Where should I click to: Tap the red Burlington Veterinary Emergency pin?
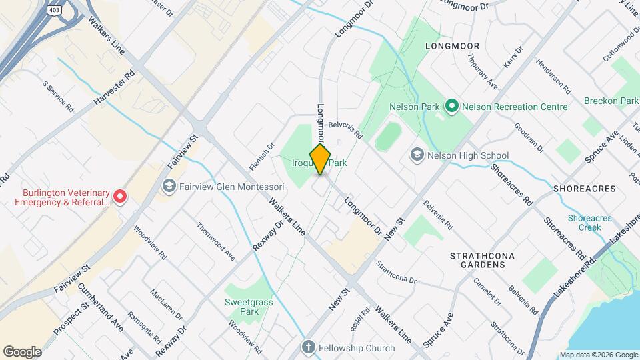119,196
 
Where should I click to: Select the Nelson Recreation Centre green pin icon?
451,106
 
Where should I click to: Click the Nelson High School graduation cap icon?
417,155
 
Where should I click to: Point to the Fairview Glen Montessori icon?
169,186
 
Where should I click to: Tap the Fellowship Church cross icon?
308,347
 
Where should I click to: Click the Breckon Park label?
611,101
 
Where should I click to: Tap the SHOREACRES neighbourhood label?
584,189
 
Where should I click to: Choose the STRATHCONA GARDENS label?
477,260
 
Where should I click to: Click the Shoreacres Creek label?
585,223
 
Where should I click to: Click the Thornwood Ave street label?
215,241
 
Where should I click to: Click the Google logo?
22,352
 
